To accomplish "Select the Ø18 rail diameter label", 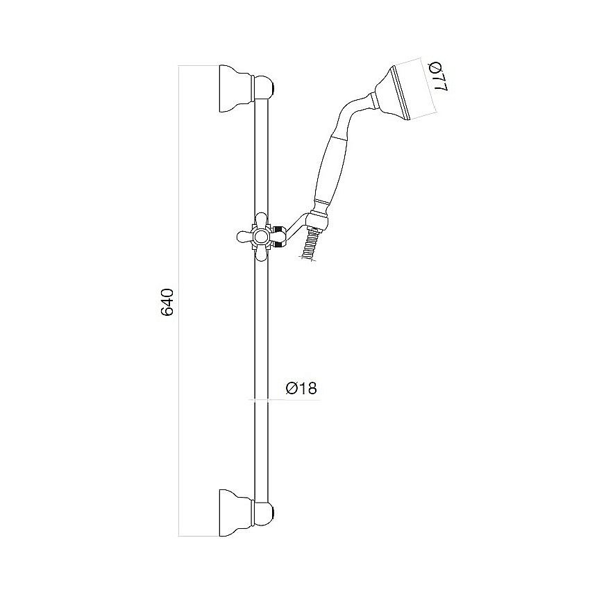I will click(x=301, y=389).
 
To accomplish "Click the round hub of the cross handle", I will click(x=261, y=237).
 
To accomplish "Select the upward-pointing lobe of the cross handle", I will click(x=261, y=219).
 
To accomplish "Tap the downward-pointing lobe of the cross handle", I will click(x=261, y=254).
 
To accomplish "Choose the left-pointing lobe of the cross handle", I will click(x=244, y=237).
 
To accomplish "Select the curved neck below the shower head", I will click(x=353, y=110).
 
